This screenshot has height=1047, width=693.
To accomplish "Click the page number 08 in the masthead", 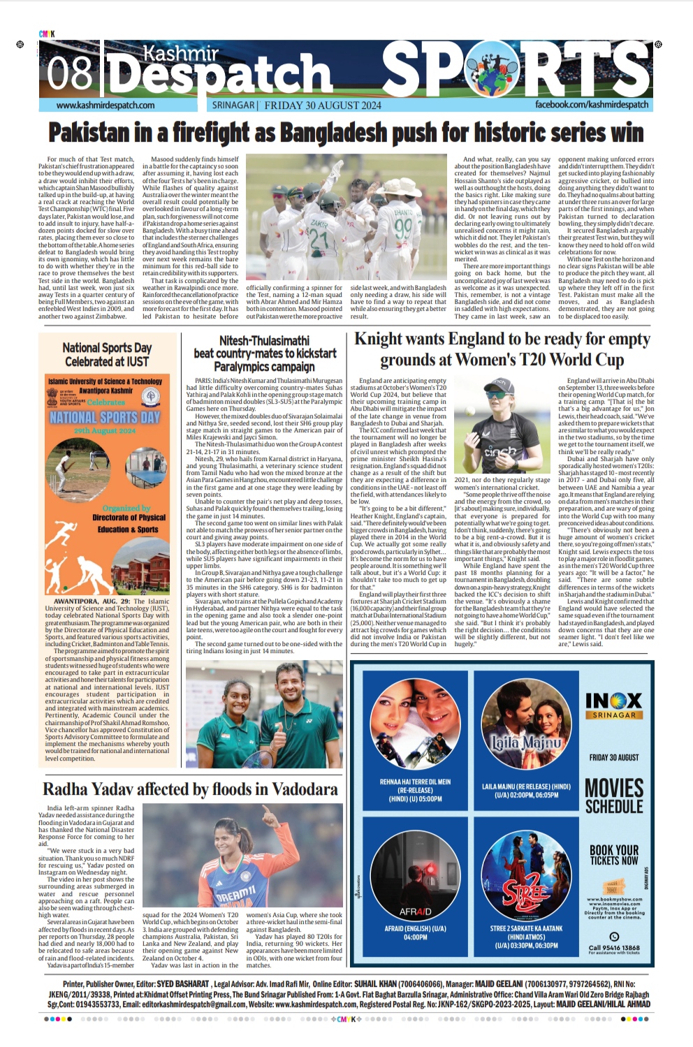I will (x=70, y=71).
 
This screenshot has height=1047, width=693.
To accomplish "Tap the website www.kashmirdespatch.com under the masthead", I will (x=105, y=105).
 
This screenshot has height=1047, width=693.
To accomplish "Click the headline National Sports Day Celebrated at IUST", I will (x=107, y=354).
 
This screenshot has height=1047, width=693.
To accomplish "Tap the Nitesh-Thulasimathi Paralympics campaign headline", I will (x=265, y=353).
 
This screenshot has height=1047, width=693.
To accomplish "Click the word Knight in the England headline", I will (x=383, y=339).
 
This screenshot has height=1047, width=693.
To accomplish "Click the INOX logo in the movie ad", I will (x=613, y=700).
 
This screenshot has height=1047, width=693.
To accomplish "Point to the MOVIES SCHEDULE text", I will (x=613, y=796).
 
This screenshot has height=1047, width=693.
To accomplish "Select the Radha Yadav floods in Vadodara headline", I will (x=190, y=789).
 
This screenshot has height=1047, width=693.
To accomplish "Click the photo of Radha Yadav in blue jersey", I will (x=242, y=856).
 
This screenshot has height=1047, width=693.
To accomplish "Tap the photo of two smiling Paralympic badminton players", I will (x=265, y=714).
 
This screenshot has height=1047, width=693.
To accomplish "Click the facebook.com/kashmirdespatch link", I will (x=592, y=105).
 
